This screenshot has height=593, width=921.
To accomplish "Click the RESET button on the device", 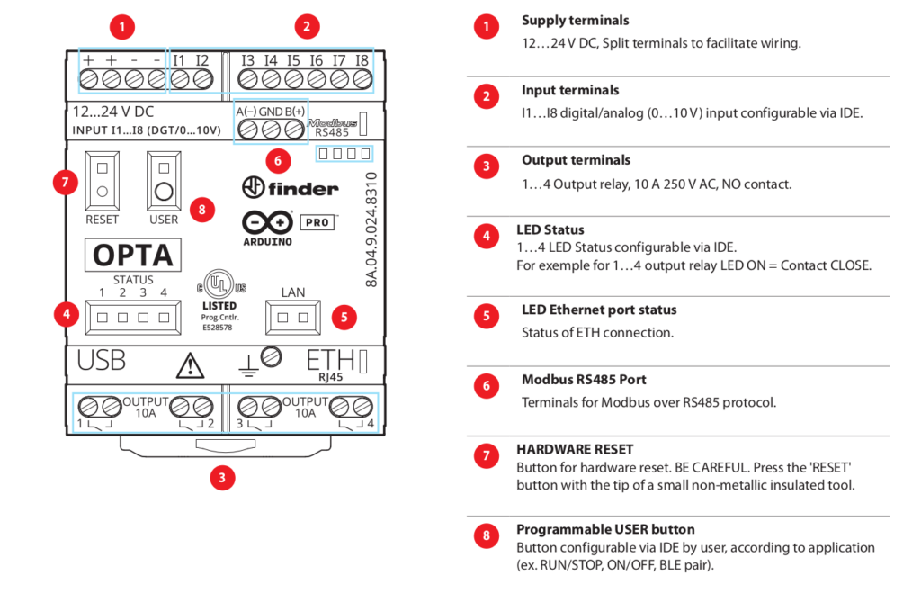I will coord(102,180).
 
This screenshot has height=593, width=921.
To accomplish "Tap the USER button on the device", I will coord(164,180).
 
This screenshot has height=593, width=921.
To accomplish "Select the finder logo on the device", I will coord(290,188).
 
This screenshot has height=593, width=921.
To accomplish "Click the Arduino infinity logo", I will coord(267,221).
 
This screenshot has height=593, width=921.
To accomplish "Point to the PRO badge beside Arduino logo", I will coord(316,221).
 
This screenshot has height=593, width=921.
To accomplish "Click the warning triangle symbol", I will coord(190,364).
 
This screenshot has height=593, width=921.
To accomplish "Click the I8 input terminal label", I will coord(362,60).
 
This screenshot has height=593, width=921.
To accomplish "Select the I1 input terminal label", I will coord(179,60).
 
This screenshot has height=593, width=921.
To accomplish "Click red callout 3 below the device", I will coord(222,478).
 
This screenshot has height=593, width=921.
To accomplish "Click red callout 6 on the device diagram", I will coord(277,161).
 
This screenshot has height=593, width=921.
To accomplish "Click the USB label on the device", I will coord(101,361).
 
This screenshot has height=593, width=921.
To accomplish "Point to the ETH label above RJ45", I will coord(330,361).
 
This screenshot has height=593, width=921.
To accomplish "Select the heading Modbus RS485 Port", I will coord(584,380).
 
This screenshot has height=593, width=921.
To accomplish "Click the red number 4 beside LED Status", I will coord(486,237).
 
